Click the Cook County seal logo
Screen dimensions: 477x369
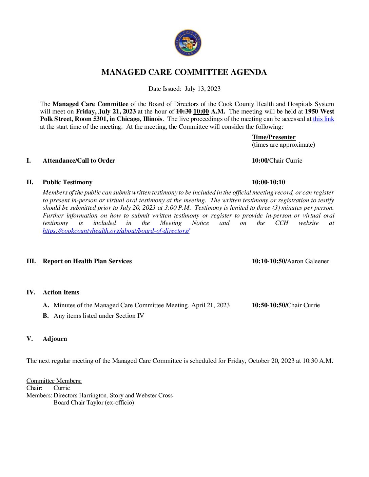pos(188,43)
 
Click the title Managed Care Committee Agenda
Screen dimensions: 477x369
pos(184,72)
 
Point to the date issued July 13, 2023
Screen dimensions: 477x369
pos(202,89)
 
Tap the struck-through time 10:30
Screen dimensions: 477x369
pos(184,111)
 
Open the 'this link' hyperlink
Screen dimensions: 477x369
pos(323,119)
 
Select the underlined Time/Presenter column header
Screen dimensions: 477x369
pos(273,137)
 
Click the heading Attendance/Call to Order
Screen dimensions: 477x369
pos(79,161)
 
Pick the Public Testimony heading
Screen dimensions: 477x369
pos(67,182)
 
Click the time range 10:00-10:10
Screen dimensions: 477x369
pos(268,182)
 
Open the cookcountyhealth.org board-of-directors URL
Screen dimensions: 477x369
pos(116,231)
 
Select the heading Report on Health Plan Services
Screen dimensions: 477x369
pos(87,261)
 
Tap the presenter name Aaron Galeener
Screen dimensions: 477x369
pos(308,261)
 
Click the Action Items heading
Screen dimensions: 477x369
pos(61,292)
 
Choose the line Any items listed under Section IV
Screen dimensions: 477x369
pos(99,316)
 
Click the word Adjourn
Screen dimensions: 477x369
pos(55,339)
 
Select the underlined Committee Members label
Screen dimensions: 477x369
pos(54,381)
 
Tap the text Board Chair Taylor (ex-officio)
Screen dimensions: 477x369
pos(94,402)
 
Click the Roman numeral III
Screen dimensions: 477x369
pos(31,261)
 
